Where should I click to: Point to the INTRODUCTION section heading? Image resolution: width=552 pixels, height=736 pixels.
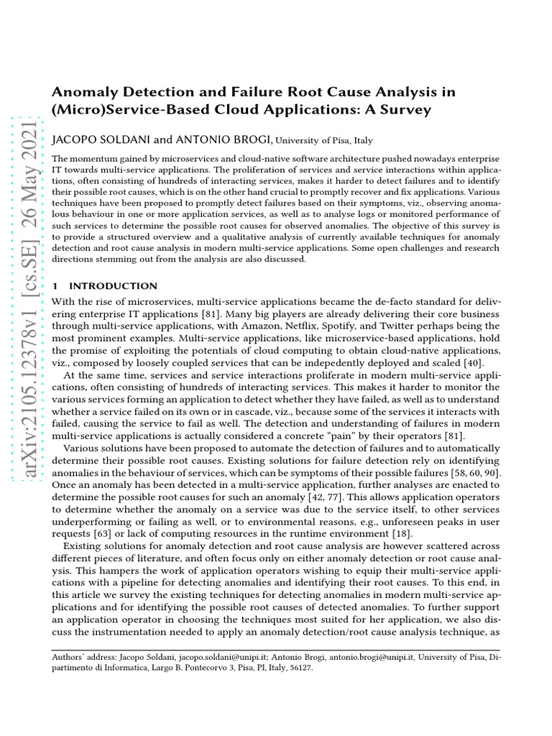[113, 286]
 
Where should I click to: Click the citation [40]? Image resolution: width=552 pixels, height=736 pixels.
[472, 362]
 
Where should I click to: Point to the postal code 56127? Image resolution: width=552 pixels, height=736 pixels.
[298, 667]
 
